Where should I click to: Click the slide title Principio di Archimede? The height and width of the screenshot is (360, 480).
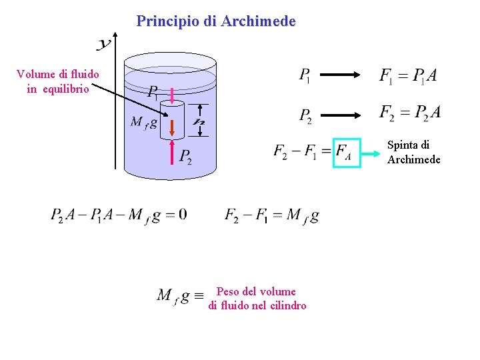(215, 21)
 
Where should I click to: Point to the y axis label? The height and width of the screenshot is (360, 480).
(104, 45)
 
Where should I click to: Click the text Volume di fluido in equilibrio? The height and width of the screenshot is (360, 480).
(57, 81)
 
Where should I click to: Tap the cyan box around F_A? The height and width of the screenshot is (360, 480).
(347, 153)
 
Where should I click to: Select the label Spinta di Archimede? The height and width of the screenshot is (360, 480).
(413, 152)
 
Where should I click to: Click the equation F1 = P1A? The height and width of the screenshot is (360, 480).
(408, 76)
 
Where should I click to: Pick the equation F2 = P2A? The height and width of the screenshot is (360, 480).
(409, 113)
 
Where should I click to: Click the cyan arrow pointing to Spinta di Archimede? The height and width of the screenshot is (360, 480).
(373, 153)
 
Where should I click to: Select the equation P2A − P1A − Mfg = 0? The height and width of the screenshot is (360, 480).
(119, 215)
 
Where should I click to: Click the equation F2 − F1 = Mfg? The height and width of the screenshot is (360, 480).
(271, 215)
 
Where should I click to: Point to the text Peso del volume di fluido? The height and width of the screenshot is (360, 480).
(257, 299)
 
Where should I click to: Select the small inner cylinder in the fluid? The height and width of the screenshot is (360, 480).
(172, 121)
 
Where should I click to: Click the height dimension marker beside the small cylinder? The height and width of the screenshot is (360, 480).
(199, 121)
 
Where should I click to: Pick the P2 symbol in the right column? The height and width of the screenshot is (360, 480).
(305, 115)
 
